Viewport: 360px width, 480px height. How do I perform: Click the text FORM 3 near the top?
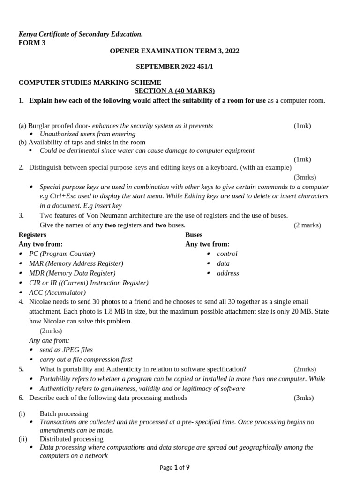pyautogui.click(x=32, y=43)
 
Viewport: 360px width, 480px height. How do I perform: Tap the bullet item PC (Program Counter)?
pyautogui.click(x=61, y=254)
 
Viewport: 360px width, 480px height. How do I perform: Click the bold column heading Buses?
pyautogui.click(x=194, y=234)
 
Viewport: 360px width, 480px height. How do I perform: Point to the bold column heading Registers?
pyautogui.click(x=32, y=234)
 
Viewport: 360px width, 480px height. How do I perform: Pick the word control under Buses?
pyautogui.click(x=227, y=254)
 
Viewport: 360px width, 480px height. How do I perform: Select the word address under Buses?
pyautogui.click(x=228, y=273)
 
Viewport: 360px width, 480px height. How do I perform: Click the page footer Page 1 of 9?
pyautogui.click(x=174, y=467)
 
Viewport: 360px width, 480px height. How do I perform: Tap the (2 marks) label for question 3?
pyautogui.click(x=307, y=225)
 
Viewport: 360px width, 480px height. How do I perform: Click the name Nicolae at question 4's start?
pyautogui.click(x=41, y=302)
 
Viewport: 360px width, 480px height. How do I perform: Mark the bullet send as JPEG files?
pyautogui.click(x=66, y=350)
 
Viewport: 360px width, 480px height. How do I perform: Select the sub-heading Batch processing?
pyautogui.click(x=64, y=413)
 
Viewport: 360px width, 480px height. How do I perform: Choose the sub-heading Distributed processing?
pyautogui.click(x=71, y=439)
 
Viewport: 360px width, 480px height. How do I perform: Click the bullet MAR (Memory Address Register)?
pyautogui.click(x=76, y=263)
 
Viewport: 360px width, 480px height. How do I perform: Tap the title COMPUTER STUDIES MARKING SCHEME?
pyautogui.click(x=90, y=82)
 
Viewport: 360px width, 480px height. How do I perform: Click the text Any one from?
pyautogui.click(x=49, y=340)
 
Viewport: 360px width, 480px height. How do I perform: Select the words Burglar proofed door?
pyautogui.click(x=60, y=126)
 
